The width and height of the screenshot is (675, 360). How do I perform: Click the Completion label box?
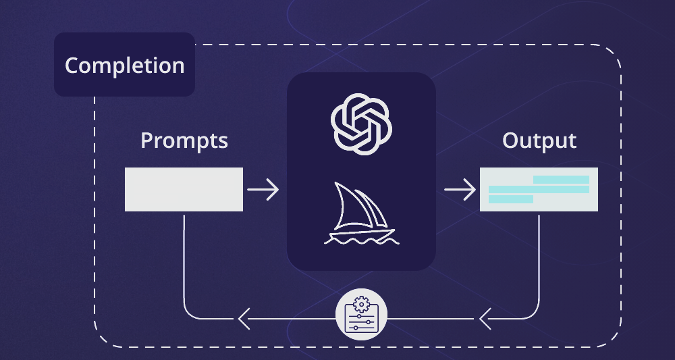coord(124,66)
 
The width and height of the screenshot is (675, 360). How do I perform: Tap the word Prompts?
coord(184,141)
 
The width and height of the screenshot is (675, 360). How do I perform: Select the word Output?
coord(539,141)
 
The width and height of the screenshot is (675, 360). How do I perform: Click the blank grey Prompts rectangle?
coord(184,189)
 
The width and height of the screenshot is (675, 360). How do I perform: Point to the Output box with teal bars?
coord(539,189)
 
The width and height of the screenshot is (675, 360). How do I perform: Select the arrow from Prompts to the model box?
coord(263,190)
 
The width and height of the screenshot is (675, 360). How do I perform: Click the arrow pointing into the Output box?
coord(460,190)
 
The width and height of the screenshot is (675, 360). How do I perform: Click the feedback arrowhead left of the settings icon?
coord(242,317)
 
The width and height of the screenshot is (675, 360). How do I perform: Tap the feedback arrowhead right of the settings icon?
coord(484,317)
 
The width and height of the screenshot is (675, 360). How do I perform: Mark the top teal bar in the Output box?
coord(561,180)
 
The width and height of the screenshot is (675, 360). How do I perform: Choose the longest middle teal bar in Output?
coord(539,189)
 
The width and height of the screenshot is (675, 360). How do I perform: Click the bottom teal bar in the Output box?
coord(511,199)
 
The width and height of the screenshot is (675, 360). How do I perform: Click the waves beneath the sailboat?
coord(360,238)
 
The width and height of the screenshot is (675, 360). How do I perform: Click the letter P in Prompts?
coord(147,141)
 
